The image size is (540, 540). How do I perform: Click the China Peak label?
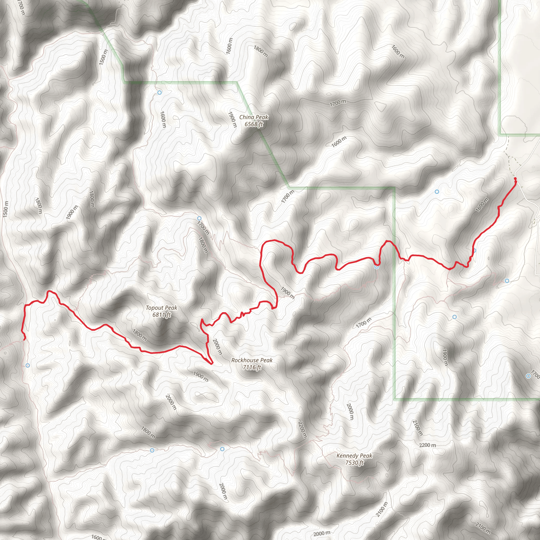(253, 117)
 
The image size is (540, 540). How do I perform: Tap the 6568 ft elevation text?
(253, 124)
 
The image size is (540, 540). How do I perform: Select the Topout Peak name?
(162, 308)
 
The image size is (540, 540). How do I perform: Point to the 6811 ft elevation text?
(162, 315)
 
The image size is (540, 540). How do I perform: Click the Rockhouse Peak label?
(252, 360)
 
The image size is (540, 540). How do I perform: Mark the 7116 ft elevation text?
(252, 367)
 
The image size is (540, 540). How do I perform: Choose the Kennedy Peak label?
(354, 456)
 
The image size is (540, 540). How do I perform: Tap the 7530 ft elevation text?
(354, 462)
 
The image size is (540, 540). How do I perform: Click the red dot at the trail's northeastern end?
(515, 178)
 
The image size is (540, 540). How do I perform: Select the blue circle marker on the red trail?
(377, 267)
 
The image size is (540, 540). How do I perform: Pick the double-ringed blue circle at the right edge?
(528, 376)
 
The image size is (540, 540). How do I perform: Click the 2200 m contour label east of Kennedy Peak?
(427, 445)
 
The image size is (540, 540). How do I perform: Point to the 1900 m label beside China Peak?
(232, 120)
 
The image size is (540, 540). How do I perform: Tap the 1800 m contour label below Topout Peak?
(139, 335)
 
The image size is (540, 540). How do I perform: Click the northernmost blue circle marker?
(159, 93)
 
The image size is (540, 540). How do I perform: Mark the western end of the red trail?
(25, 339)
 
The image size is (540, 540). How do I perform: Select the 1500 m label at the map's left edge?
(5, 209)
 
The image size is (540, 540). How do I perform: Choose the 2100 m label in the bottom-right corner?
(483, 527)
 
